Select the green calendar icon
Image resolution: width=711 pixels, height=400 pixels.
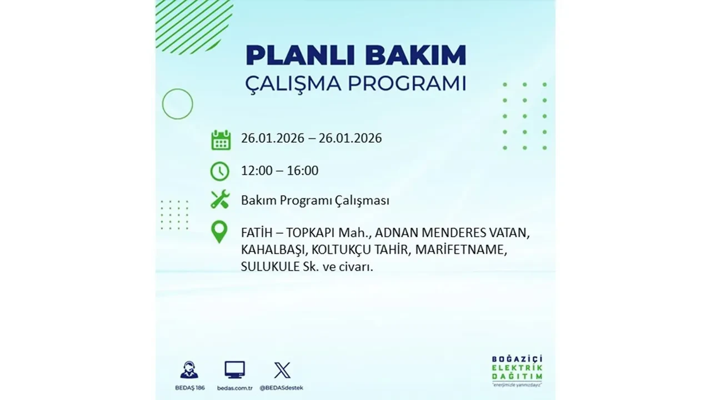(221, 139)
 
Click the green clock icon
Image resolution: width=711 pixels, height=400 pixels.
(220, 171)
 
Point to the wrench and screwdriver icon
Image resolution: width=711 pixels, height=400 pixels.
(220, 199)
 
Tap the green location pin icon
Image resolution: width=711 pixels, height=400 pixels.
(220, 232)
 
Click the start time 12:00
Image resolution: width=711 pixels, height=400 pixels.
(257, 171)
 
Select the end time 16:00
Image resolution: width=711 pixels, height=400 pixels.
(303, 171)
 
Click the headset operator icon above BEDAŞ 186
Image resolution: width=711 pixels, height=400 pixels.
(189, 370)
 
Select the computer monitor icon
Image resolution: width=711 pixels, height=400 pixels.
(234, 370)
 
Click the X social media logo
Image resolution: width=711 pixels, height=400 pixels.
(282, 370)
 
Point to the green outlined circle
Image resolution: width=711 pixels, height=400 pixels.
(177, 104)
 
